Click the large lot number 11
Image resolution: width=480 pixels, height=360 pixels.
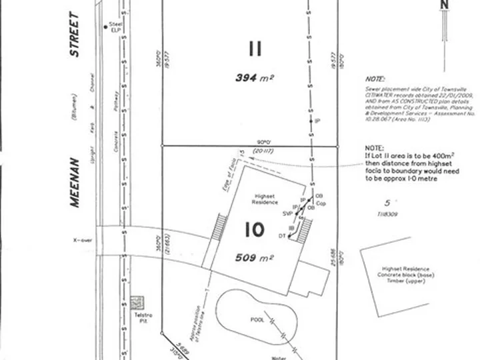click(x=255, y=49)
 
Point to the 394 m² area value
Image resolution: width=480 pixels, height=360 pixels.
click(x=255, y=78)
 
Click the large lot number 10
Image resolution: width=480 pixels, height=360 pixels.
click(x=255, y=230)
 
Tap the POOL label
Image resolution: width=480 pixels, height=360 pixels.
click(x=258, y=319)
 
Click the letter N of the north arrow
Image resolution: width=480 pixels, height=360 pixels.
click(x=445, y=5)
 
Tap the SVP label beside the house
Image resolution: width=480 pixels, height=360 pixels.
click(x=288, y=213)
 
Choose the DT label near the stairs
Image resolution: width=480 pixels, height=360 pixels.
click(x=282, y=236)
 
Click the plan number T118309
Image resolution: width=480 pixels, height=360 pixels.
click(x=387, y=214)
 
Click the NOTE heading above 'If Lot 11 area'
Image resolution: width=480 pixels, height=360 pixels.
click(x=375, y=148)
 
